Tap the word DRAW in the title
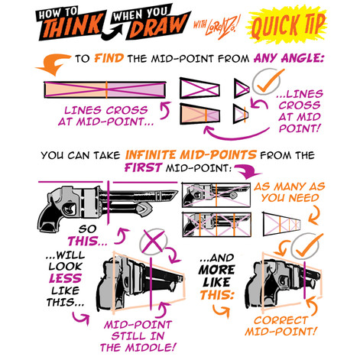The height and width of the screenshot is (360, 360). pyautogui.click(x=158, y=26)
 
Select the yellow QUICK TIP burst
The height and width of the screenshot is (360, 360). pyautogui.click(x=287, y=25)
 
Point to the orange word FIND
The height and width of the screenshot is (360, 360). pyautogui.click(x=109, y=58)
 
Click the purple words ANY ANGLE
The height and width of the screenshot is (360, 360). pyautogui.click(x=288, y=58)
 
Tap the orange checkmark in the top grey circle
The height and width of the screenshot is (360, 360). pyautogui.click(x=270, y=81)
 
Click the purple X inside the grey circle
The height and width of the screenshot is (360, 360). pyautogui.click(x=154, y=242)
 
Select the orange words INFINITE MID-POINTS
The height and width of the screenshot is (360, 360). pyautogui.click(x=191, y=155)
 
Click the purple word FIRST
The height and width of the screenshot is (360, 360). pyautogui.click(x=143, y=167)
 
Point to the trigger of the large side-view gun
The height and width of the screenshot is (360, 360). pyautogui.click(x=68, y=209)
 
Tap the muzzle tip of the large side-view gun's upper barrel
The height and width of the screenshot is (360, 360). pyautogui.click(x=176, y=193)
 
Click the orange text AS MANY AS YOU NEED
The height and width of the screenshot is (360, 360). pyautogui.click(x=290, y=192)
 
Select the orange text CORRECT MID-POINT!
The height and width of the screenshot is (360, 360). pyautogui.click(x=281, y=326)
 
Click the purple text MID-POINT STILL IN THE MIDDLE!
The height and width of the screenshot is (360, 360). pyautogui.click(x=138, y=336)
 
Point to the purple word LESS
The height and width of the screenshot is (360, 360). pyautogui.click(x=65, y=278)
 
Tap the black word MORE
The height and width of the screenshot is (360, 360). pyautogui.click(x=216, y=270)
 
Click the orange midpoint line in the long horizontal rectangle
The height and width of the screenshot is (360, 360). pyautogui.click(x=106, y=89)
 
